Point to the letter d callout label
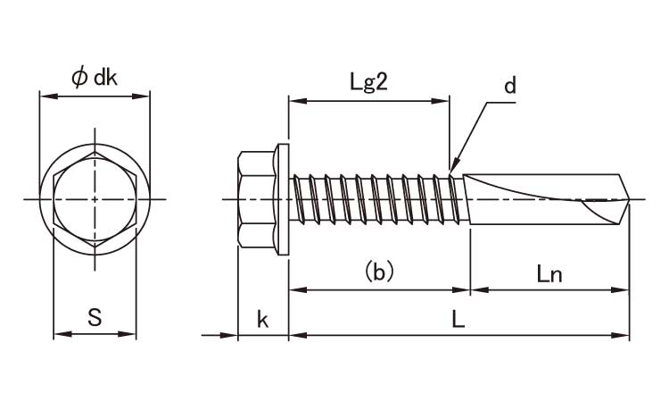point(509,86)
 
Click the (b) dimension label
point(379,271)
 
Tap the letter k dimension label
point(263,319)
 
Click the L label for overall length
point(458,319)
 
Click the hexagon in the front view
point(95,197)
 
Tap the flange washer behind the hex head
point(283,197)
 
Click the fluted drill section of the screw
point(544,197)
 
